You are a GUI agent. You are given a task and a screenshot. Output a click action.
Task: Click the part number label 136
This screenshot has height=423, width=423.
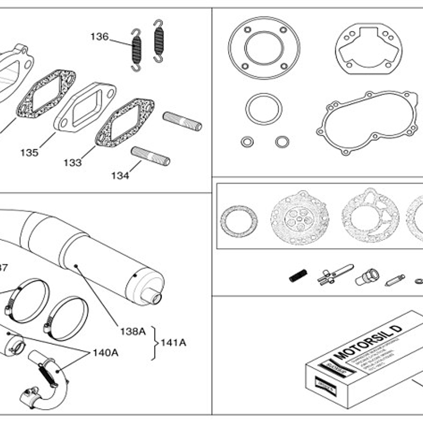coord(100,37)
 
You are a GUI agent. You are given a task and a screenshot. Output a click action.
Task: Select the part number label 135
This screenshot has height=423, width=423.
coord(29,152)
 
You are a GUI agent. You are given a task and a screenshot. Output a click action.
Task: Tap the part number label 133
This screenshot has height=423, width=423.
coord(72,163)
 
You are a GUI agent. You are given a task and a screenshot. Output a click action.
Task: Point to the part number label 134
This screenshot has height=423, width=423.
coord(120,175)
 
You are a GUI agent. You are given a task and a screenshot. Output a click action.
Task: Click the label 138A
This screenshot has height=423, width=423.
coord(132,331)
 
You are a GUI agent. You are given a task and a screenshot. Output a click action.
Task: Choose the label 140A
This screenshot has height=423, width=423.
coord(105,352)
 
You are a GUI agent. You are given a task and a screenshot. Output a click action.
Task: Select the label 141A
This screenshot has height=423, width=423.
coord(174,342)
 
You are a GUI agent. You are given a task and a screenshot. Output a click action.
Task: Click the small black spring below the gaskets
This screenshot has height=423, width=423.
coord(298,276)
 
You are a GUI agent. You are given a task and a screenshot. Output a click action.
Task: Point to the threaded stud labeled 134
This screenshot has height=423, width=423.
coord(150,156)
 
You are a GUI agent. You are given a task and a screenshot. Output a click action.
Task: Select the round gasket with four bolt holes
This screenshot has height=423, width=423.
coord(260,48)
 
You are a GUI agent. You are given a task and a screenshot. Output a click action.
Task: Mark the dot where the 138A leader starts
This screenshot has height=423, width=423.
coord(76,265)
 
